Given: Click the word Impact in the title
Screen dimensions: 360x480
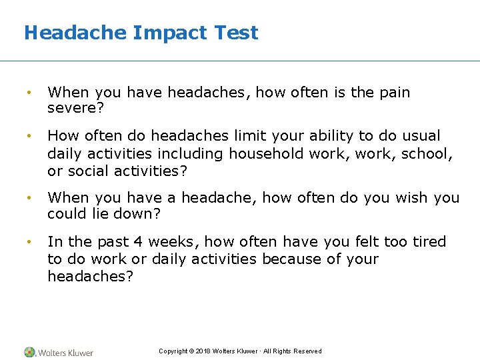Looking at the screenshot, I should click(163, 33).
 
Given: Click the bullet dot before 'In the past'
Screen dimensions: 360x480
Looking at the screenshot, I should click(29, 242).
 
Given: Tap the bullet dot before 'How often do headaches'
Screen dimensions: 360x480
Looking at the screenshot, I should click(29, 136).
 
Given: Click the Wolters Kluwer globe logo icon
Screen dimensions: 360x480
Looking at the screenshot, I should click(29, 352).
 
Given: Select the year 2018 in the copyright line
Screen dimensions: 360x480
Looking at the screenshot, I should click(203, 351).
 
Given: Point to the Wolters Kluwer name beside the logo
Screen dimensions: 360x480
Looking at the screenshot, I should click(65, 353).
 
